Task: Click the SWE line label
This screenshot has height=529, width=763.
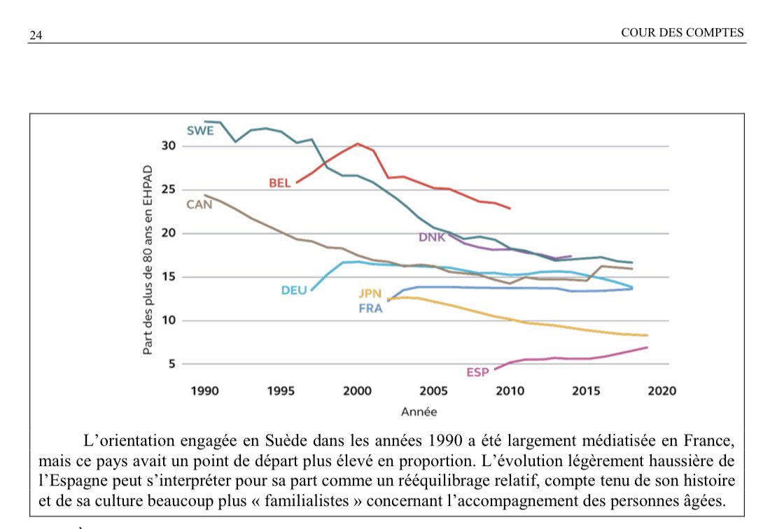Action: [200, 130]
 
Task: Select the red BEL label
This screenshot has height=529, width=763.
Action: [280, 183]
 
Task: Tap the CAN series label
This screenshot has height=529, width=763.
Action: [199, 204]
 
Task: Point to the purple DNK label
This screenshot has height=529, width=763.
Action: [432, 237]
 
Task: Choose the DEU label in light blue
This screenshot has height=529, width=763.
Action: [294, 290]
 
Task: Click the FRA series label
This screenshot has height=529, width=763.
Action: [370, 309]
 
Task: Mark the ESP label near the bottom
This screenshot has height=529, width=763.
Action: [477, 372]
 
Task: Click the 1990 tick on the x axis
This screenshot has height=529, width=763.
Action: [204, 390]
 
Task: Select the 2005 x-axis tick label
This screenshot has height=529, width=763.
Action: [435, 390]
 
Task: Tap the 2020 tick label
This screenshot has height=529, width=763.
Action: [662, 390]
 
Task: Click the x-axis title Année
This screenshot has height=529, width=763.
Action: [419, 412]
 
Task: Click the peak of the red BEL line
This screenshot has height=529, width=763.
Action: [357, 143]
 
